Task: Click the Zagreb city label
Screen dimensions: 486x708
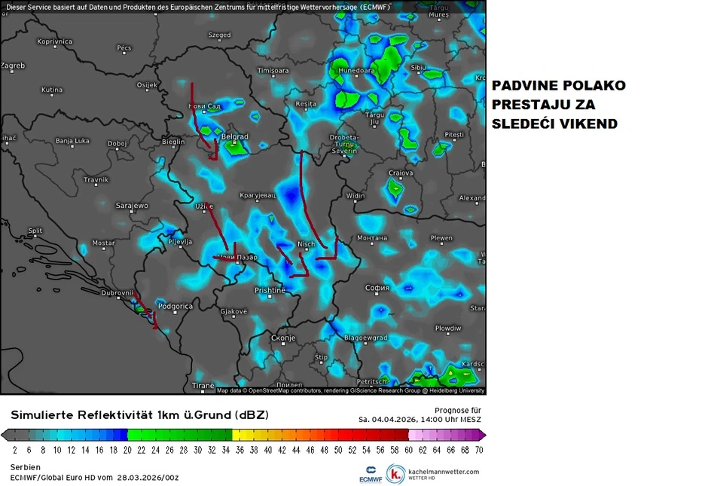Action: point(13,66)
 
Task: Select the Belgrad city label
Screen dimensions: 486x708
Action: point(235,137)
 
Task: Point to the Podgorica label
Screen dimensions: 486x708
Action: point(175,307)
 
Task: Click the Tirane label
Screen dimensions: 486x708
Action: point(203,385)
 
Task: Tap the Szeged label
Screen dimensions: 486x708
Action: point(219,35)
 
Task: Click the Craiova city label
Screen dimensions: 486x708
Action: point(401,173)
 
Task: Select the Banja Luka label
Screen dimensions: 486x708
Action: point(72,141)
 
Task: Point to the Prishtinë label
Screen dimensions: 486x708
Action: point(270,290)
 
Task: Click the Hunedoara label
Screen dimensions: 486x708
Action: point(356,71)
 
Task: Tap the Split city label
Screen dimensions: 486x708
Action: point(35,231)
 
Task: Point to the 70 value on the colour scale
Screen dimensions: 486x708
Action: point(478,449)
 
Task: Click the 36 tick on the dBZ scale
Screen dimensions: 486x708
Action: point(240,449)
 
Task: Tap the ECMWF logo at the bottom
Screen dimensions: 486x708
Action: point(370,474)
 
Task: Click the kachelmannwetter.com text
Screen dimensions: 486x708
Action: point(443,472)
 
